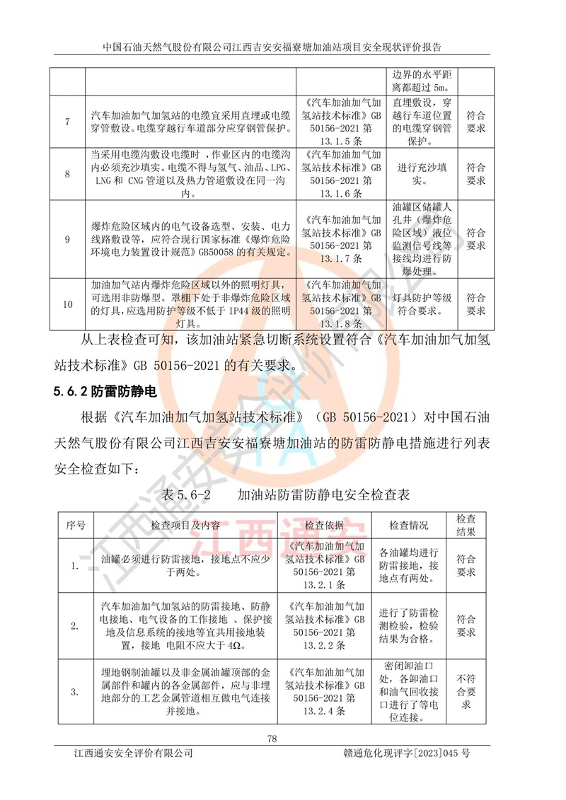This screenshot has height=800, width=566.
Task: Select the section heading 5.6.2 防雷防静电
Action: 105,390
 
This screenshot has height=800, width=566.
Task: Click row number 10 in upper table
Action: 67,305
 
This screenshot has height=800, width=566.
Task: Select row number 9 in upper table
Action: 67,239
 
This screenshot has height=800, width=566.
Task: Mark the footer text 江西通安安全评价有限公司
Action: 134,754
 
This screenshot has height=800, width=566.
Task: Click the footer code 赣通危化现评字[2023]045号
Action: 405,754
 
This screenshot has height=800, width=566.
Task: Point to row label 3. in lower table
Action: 74,691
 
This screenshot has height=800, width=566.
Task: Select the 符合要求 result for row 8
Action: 476,174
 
